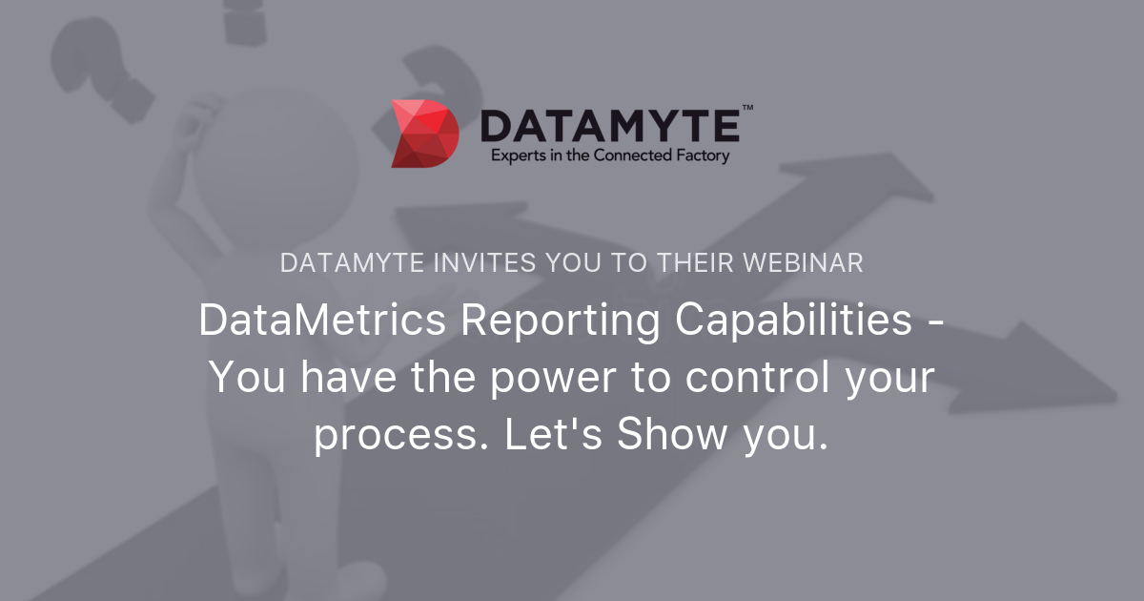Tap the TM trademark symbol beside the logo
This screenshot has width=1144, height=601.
tap(747, 109)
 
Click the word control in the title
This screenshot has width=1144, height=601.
tap(738, 379)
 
